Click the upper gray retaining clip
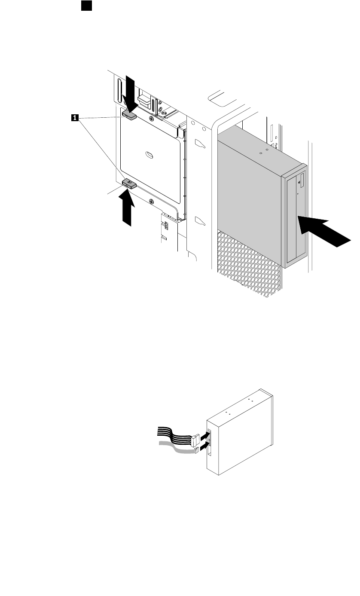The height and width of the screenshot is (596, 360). point(129,114)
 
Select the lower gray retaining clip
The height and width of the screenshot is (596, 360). point(129,184)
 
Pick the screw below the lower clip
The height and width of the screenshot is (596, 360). point(151,201)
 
